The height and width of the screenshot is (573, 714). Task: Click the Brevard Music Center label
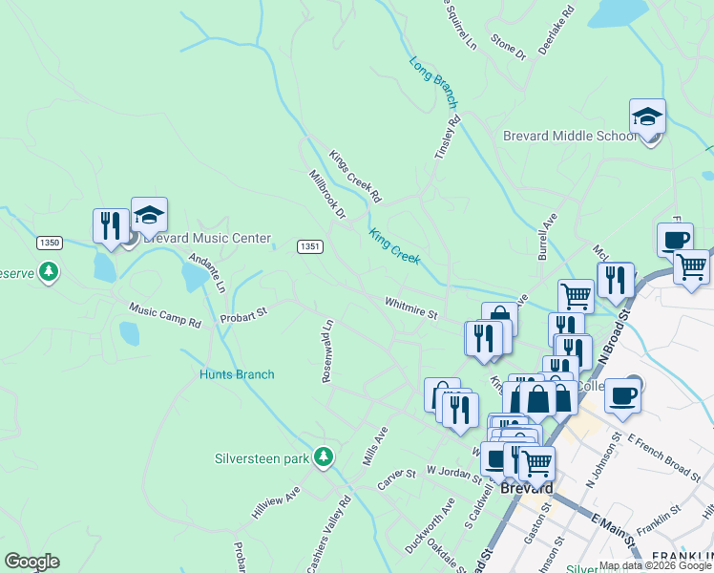207,238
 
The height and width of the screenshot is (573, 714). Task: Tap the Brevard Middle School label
570,136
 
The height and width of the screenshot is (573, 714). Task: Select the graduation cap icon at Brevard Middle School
647,117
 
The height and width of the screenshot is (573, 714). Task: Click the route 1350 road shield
50,244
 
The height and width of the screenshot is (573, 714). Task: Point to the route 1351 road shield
308,246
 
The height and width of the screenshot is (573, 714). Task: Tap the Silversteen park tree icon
325,457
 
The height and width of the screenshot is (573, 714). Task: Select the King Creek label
394,245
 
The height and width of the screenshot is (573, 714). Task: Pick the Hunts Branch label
237,374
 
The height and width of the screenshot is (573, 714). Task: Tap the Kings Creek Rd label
355,177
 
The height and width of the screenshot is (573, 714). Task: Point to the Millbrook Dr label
326,195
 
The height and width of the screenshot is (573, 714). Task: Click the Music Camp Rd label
165,316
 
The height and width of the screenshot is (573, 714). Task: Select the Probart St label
243,312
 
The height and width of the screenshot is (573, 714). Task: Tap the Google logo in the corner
31,562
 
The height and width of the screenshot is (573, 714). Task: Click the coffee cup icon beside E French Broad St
622,394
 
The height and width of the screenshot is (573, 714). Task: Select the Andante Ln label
207,273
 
